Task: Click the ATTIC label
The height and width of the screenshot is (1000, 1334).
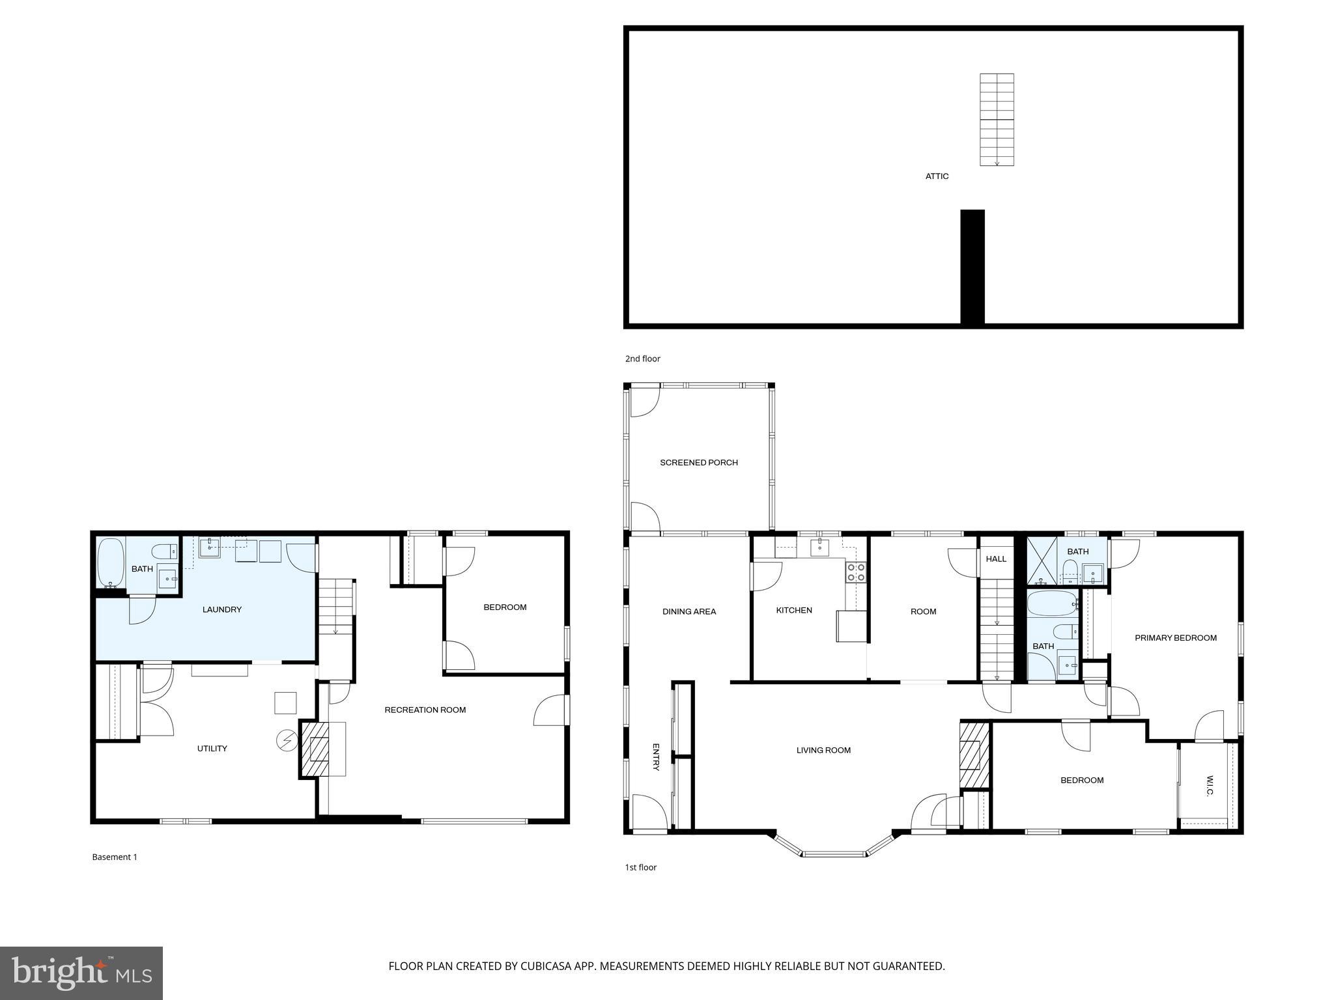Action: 937,176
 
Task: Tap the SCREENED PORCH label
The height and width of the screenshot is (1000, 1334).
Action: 698,463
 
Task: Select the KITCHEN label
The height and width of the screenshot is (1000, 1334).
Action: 793,611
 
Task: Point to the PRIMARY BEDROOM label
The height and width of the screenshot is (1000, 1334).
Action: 1175,638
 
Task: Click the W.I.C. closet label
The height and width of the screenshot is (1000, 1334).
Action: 1210,785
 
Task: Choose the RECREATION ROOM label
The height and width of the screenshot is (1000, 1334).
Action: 425,710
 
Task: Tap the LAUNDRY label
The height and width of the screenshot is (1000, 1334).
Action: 221,610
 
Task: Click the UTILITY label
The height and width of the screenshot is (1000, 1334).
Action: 212,749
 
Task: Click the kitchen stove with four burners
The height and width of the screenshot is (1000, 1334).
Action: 856,572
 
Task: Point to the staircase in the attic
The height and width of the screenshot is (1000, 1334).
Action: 997,120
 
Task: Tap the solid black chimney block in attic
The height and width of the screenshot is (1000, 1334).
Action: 972,266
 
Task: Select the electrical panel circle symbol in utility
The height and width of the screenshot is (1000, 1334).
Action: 287,740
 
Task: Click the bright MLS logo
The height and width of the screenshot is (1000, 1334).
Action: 81,973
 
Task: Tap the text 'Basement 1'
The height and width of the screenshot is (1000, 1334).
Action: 115,857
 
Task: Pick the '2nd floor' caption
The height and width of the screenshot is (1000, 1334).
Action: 642,359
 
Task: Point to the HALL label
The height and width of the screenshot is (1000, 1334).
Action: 995,559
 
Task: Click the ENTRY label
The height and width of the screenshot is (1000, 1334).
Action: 656,757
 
